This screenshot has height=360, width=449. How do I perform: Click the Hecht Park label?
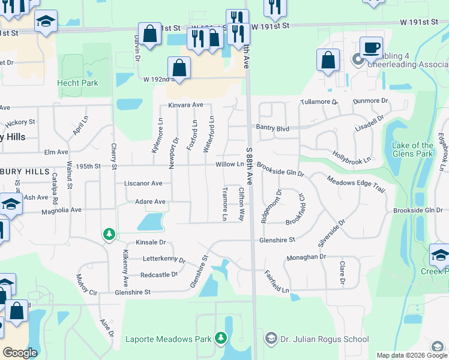coord(77,83)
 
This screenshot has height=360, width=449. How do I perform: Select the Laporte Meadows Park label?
coord(169,339)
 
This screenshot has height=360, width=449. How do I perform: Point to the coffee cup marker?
coord(371,47)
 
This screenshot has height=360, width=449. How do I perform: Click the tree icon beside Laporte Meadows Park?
coord(221,339)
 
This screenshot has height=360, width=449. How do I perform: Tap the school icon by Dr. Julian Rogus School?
coord(270,339)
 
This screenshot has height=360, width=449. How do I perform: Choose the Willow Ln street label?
coord(231,164)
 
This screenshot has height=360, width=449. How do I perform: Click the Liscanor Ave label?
coord(143,183)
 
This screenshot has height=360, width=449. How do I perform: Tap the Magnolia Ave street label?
coord(61,211)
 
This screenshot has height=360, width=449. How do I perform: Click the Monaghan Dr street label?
coord(306,256)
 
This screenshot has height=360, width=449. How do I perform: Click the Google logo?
coord(20,352)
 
